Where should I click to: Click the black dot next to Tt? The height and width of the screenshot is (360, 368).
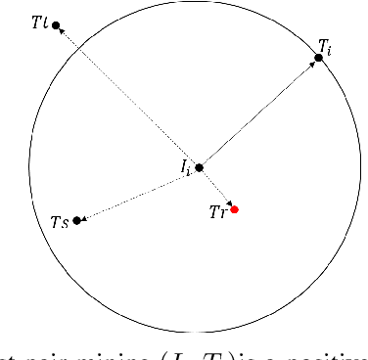(x=56, y=24)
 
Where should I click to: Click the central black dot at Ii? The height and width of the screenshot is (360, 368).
(x=200, y=167)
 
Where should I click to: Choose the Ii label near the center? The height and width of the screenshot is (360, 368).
(x=185, y=167)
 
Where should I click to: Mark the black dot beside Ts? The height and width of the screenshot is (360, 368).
(x=77, y=220)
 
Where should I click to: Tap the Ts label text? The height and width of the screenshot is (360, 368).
(x=59, y=222)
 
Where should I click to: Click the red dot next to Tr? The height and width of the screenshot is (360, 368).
(x=234, y=209)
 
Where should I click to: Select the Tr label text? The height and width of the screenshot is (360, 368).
(x=218, y=211)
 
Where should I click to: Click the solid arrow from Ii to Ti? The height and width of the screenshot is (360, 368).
(x=259, y=112)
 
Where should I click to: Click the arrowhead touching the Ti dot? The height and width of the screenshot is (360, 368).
(x=314, y=64)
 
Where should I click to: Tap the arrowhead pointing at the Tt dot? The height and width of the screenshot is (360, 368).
(x=63, y=31)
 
